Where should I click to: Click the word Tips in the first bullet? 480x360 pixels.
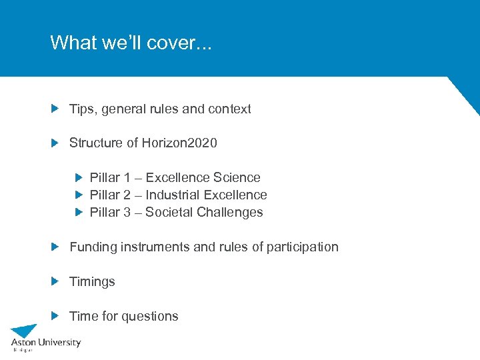pos(82,109)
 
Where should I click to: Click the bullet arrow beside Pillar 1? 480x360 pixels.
pos(78,178)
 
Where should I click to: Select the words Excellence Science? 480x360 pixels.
pos(203,178)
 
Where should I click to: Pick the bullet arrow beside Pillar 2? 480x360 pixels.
pos(78,195)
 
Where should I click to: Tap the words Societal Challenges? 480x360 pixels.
pos(204,213)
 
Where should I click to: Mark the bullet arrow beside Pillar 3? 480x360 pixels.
pos(78,213)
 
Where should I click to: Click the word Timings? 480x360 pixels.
pos(92,282)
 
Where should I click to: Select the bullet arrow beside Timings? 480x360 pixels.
pos(55,282)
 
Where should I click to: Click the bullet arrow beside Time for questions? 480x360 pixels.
pos(55,317)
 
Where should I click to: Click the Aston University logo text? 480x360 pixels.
pos(45,343)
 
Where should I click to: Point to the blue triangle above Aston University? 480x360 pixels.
pos(25,331)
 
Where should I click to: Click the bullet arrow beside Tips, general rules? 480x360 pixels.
pos(55,109)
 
